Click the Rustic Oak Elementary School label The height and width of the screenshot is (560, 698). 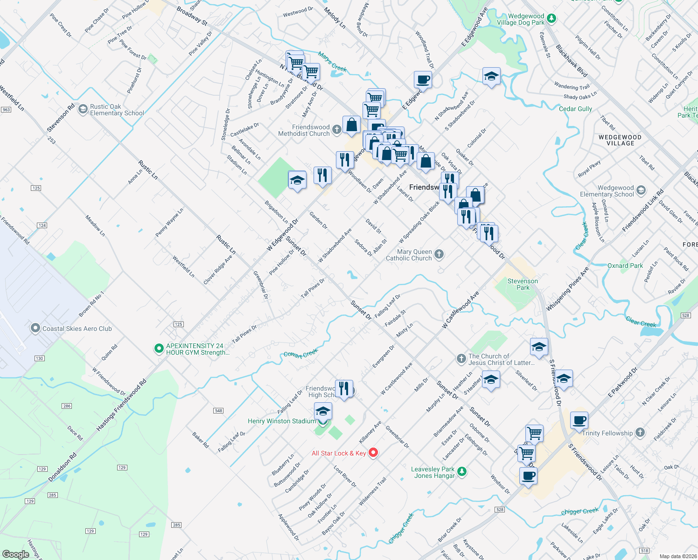(117, 110)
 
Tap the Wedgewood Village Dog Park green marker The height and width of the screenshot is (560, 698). (551, 18)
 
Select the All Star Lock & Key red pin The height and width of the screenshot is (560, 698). (373, 453)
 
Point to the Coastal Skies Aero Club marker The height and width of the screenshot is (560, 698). (35, 328)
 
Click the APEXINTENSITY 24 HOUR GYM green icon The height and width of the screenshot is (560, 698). (159, 348)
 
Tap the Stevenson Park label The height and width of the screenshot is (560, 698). (523, 284)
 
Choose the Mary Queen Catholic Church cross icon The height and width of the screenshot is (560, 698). (439, 254)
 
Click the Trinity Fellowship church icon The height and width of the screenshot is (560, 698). (640, 433)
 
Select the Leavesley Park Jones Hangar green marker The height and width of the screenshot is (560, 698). (461, 471)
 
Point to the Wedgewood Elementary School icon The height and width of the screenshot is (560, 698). (641, 190)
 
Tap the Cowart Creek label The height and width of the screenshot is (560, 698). (301, 353)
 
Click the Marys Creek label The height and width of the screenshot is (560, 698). (332, 62)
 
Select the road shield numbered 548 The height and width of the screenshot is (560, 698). (218, 411)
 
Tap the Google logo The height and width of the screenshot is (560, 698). (15, 554)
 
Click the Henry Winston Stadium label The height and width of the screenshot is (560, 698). (281, 421)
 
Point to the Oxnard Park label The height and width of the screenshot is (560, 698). (625, 266)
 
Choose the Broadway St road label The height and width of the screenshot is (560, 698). (192, 15)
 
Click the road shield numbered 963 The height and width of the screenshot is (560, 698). (6, 110)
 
